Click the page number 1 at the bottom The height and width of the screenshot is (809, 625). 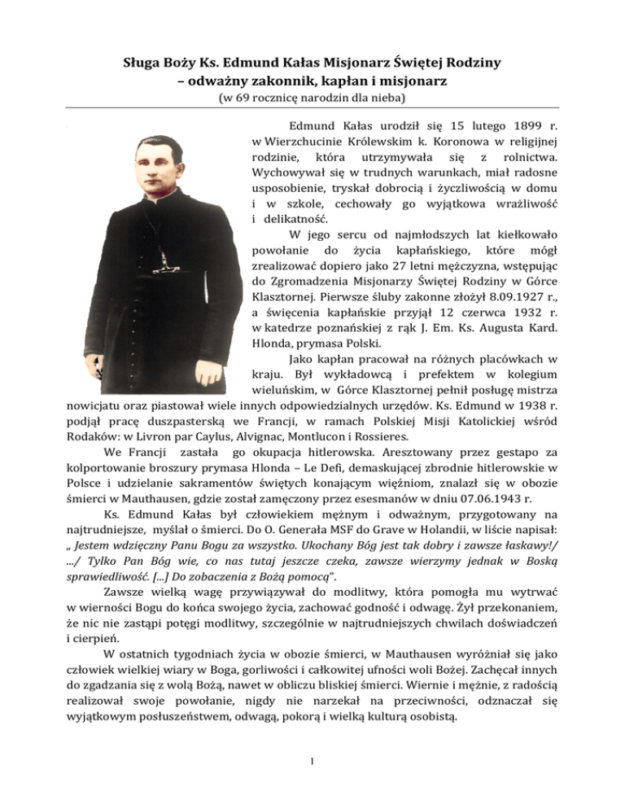coord(312,763)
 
